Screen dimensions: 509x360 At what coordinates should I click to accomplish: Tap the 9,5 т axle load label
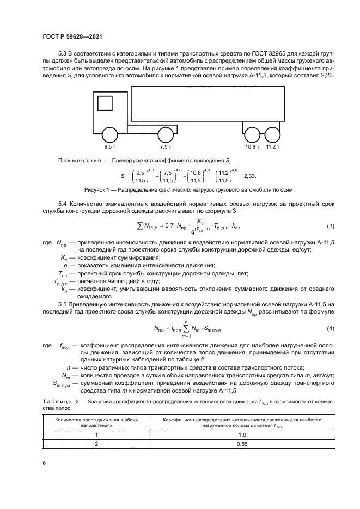coord(111,147)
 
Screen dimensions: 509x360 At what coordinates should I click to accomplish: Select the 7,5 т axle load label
coord(166,147)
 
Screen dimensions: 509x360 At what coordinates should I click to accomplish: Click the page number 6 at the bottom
coord(44,463)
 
